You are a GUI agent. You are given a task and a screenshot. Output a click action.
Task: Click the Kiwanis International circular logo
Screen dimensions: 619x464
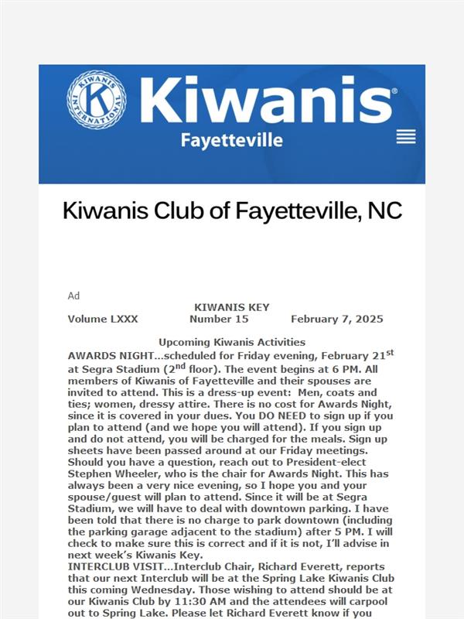tap(97, 101)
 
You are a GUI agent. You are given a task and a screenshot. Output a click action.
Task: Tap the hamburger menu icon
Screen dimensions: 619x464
tap(406, 137)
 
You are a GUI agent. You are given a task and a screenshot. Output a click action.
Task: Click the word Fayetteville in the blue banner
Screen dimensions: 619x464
tap(231, 140)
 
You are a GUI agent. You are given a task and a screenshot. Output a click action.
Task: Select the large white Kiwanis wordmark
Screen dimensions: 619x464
tap(267, 101)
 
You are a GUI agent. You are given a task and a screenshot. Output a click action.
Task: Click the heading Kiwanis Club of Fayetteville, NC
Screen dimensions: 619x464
tap(232, 210)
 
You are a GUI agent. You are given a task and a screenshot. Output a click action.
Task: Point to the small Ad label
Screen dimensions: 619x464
tap(73, 296)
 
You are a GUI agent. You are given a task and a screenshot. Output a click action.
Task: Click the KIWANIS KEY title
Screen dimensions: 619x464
tap(231, 307)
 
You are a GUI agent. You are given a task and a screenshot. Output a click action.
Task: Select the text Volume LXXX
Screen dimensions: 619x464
tap(97, 319)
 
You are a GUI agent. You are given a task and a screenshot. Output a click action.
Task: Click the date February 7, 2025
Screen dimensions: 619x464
tap(336, 319)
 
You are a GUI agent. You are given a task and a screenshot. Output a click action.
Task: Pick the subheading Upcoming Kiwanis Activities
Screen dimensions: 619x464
tap(232, 342)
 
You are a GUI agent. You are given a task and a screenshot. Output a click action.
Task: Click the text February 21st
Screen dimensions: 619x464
tap(356, 354)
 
